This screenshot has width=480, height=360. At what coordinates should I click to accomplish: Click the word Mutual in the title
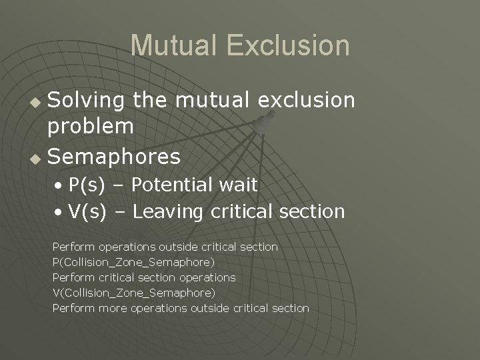(x=174, y=45)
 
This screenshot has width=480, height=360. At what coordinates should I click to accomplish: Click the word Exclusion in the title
(x=287, y=45)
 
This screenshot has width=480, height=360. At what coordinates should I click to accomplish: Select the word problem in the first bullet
(x=91, y=126)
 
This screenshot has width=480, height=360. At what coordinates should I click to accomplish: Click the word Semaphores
(x=115, y=157)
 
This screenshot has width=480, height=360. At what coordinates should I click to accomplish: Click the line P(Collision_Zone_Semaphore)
(x=133, y=263)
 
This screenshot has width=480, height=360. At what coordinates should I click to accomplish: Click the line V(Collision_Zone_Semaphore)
(x=133, y=293)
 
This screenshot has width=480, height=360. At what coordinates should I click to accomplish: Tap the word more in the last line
(x=113, y=309)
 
